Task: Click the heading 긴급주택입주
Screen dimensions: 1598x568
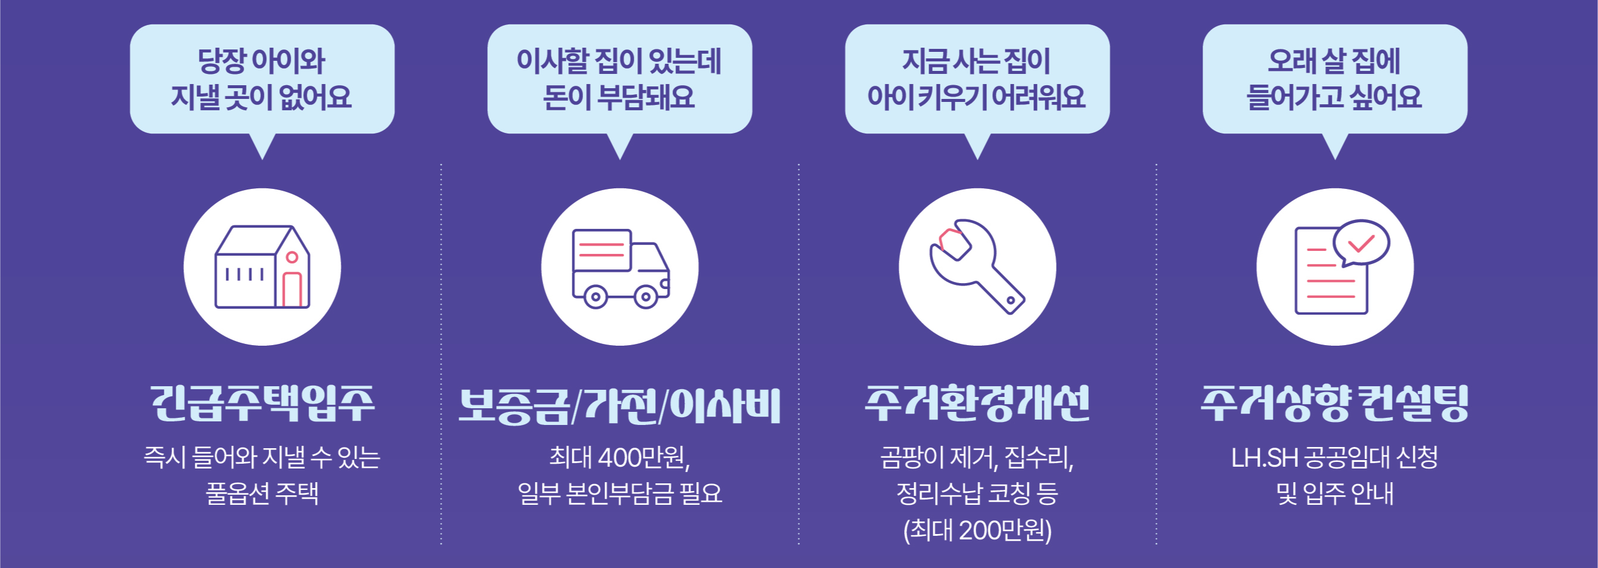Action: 263,404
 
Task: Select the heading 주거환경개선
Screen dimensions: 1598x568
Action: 977,404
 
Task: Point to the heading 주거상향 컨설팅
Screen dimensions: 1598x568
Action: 1335,404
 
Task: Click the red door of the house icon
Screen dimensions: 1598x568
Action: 292,290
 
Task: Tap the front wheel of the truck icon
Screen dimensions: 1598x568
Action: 646,297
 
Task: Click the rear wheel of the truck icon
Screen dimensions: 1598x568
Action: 596,297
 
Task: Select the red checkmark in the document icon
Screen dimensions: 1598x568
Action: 1362,243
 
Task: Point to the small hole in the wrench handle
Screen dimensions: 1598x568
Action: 1011,300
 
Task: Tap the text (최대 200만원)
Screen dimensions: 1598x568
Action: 977,530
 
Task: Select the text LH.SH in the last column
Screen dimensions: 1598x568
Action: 1264,458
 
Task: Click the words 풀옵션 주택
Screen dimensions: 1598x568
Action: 263,493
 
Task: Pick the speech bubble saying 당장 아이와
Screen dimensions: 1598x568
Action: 263,79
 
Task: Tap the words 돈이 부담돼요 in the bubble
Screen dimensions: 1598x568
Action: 619,97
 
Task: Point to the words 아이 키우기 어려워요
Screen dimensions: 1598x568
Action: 976,97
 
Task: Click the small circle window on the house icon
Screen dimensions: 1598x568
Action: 292,257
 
